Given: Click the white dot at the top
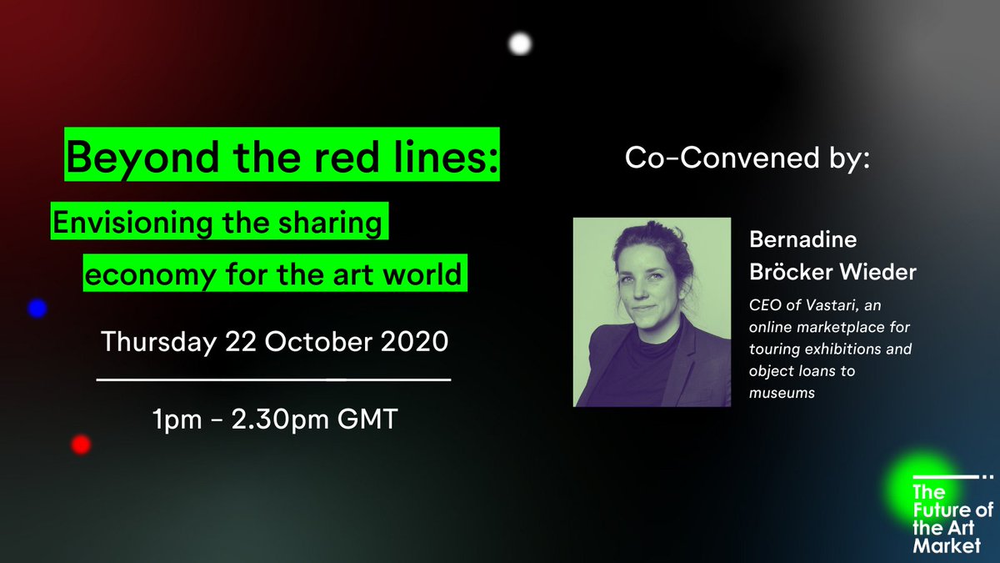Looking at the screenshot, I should click(x=520, y=43).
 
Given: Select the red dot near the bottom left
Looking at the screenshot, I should click(x=81, y=445).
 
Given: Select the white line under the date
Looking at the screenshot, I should click(x=274, y=380).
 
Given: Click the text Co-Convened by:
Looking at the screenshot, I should click(x=747, y=158).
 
